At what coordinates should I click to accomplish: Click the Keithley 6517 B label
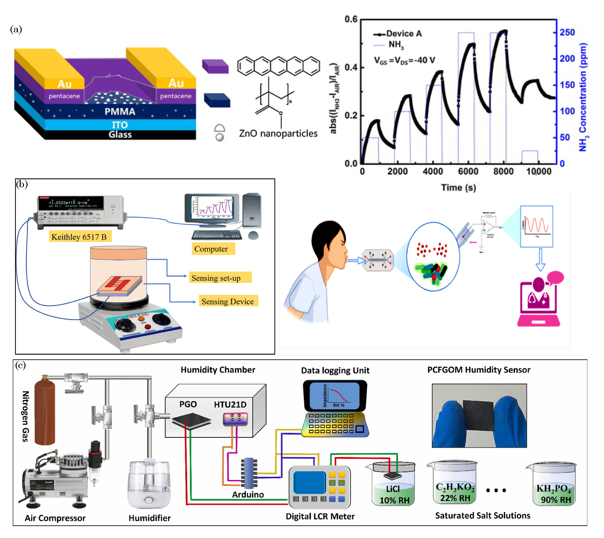coord(79,237)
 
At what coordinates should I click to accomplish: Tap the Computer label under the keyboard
coord(211,249)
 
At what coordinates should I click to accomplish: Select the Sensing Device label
coord(227,301)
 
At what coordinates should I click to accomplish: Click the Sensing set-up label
coord(216,278)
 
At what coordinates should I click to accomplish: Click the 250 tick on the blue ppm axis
coord(567,32)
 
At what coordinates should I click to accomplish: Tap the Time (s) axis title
coord(458,187)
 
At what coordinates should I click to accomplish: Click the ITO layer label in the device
coord(120,125)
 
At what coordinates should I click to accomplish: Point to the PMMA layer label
coord(120,112)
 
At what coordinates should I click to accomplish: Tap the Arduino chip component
coord(249,473)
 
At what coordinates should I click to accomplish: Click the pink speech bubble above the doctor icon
coord(555,278)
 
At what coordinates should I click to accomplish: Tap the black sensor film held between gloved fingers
coord(479,415)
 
